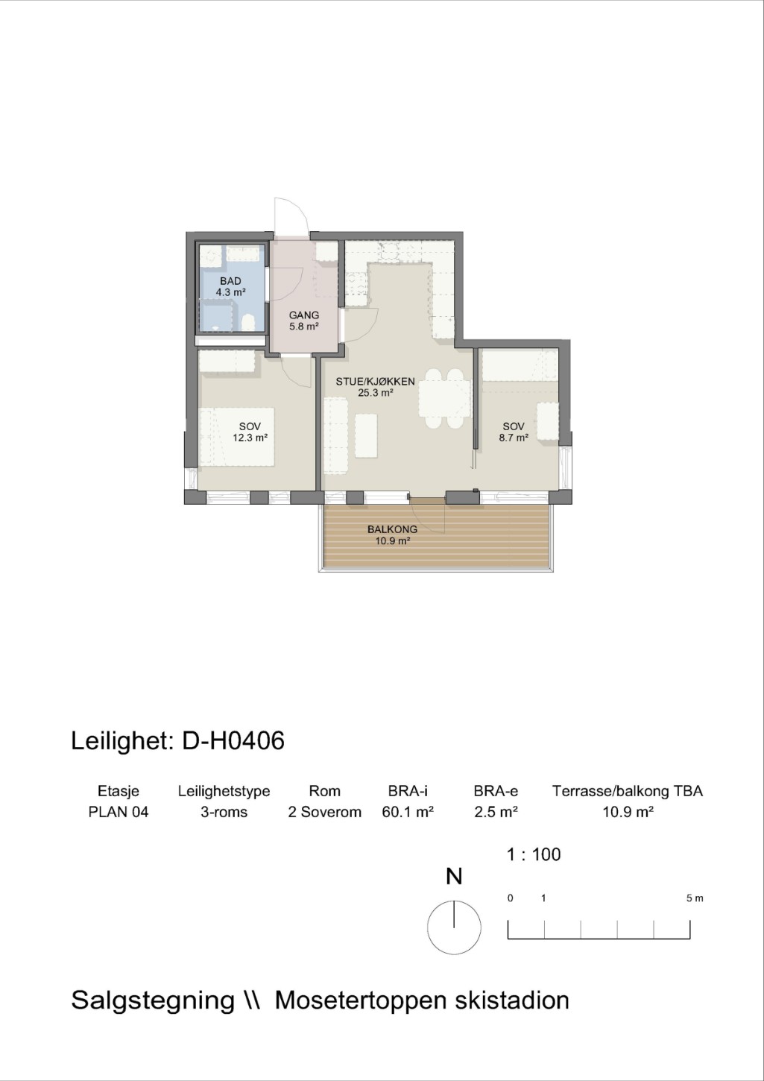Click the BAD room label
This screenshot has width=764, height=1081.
click(x=230, y=281)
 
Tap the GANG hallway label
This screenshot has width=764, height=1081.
click(x=304, y=315)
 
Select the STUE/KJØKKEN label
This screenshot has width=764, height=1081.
click(x=375, y=381)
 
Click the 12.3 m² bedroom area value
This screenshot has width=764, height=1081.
click(x=250, y=438)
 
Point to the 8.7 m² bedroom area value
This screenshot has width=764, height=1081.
click(x=514, y=438)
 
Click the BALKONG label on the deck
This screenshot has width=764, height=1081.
click(x=392, y=529)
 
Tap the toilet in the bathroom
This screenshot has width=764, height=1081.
click(x=247, y=322)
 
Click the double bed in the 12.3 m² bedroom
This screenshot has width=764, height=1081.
click(x=237, y=437)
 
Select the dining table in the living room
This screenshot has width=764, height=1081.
click(x=444, y=398)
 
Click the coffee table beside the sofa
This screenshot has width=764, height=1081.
click(x=366, y=435)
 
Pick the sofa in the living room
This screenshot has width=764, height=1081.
click(x=336, y=435)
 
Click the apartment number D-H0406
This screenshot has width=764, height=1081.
click(x=233, y=741)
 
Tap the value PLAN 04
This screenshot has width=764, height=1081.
click(x=119, y=812)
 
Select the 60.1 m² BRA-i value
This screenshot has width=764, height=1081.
click(x=408, y=812)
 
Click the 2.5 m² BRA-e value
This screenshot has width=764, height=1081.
click(x=496, y=812)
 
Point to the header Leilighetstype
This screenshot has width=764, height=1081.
click(x=224, y=792)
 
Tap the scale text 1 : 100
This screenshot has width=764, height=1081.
click(x=534, y=854)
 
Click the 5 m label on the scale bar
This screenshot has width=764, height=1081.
click(x=695, y=898)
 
